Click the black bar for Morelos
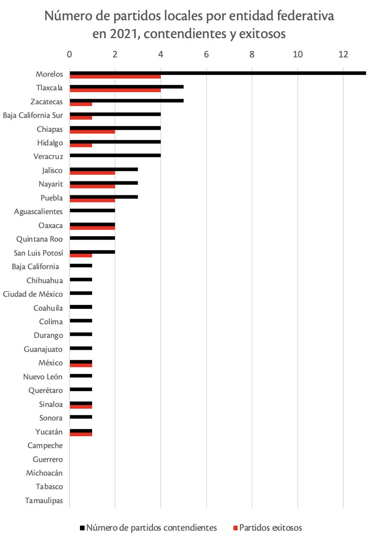point(218,73)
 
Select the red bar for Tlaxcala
point(115,90)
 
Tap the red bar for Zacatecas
point(81,104)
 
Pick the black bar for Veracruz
point(115,155)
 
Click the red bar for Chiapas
point(92,132)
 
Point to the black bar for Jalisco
point(104,169)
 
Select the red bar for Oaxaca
point(92,228)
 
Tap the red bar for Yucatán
point(81,434)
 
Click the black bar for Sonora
point(81,417)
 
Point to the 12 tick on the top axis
point(343,54)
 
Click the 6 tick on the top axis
point(206,54)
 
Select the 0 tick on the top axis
point(70,54)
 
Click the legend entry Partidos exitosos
point(274,527)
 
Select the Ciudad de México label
point(33,294)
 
